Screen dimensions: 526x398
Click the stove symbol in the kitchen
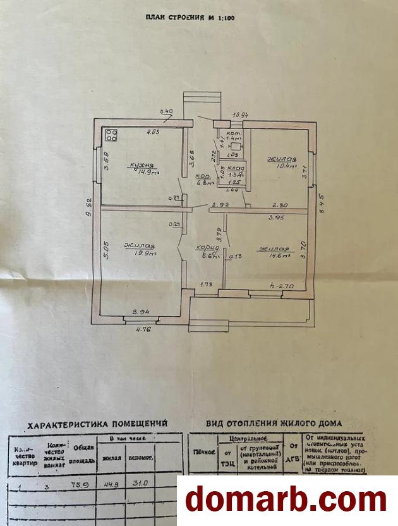pyautogui.click(x=112, y=135)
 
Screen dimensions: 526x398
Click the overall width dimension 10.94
pyautogui.click(x=239, y=116)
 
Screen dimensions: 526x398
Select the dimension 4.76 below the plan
pyautogui.click(x=145, y=328)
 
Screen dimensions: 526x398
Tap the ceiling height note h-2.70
pyautogui.click(x=281, y=286)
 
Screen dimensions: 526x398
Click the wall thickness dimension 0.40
pyautogui.click(x=167, y=113)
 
